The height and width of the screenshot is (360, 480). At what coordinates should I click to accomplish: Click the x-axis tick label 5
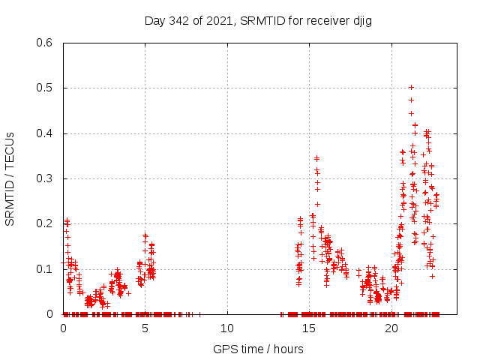145,328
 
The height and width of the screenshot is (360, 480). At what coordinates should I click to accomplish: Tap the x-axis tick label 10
227,328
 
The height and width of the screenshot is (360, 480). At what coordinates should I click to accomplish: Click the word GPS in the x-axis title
223,349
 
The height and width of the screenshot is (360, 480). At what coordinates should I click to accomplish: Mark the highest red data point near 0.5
411,87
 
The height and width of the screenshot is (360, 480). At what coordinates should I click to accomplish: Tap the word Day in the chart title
154,20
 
